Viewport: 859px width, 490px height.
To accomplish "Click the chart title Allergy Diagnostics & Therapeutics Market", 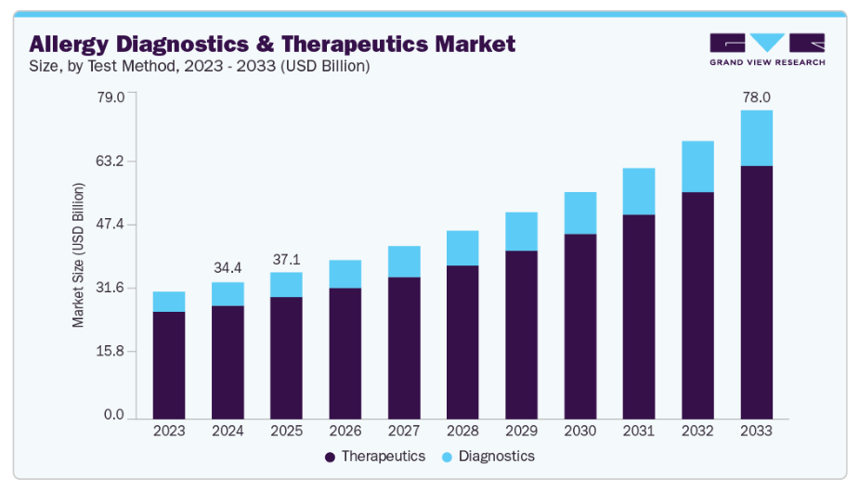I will click(x=272, y=44).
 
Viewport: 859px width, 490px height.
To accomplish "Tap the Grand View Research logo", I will click(x=766, y=49).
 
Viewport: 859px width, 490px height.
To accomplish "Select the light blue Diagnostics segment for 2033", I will click(x=756, y=138).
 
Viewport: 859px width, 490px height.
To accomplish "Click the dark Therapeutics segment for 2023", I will click(x=169, y=364).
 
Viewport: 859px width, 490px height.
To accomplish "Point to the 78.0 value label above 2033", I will click(x=756, y=97).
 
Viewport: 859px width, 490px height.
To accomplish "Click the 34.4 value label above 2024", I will click(x=228, y=268).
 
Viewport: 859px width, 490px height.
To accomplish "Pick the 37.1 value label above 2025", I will click(x=286, y=259).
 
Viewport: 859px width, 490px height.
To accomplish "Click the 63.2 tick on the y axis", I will click(x=111, y=161).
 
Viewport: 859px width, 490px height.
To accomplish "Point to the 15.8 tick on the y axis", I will click(x=111, y=352).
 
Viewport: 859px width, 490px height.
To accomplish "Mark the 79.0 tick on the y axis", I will click(x=111, y=97).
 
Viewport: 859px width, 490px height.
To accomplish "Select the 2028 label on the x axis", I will click(x=462, y=432).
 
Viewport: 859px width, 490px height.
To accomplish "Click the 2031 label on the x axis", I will click(x=638, y=432).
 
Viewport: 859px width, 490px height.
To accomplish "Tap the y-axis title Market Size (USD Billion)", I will click(x=79, y=254).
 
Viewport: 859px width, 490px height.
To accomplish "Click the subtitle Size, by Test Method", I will click(x=200, y=66).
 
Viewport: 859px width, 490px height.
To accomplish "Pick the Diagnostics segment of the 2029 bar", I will click(x=521, y=231).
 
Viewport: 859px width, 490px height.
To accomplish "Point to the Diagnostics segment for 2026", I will click(x=345, y=274).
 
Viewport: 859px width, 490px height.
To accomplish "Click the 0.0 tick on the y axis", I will click(x=114, y=415).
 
